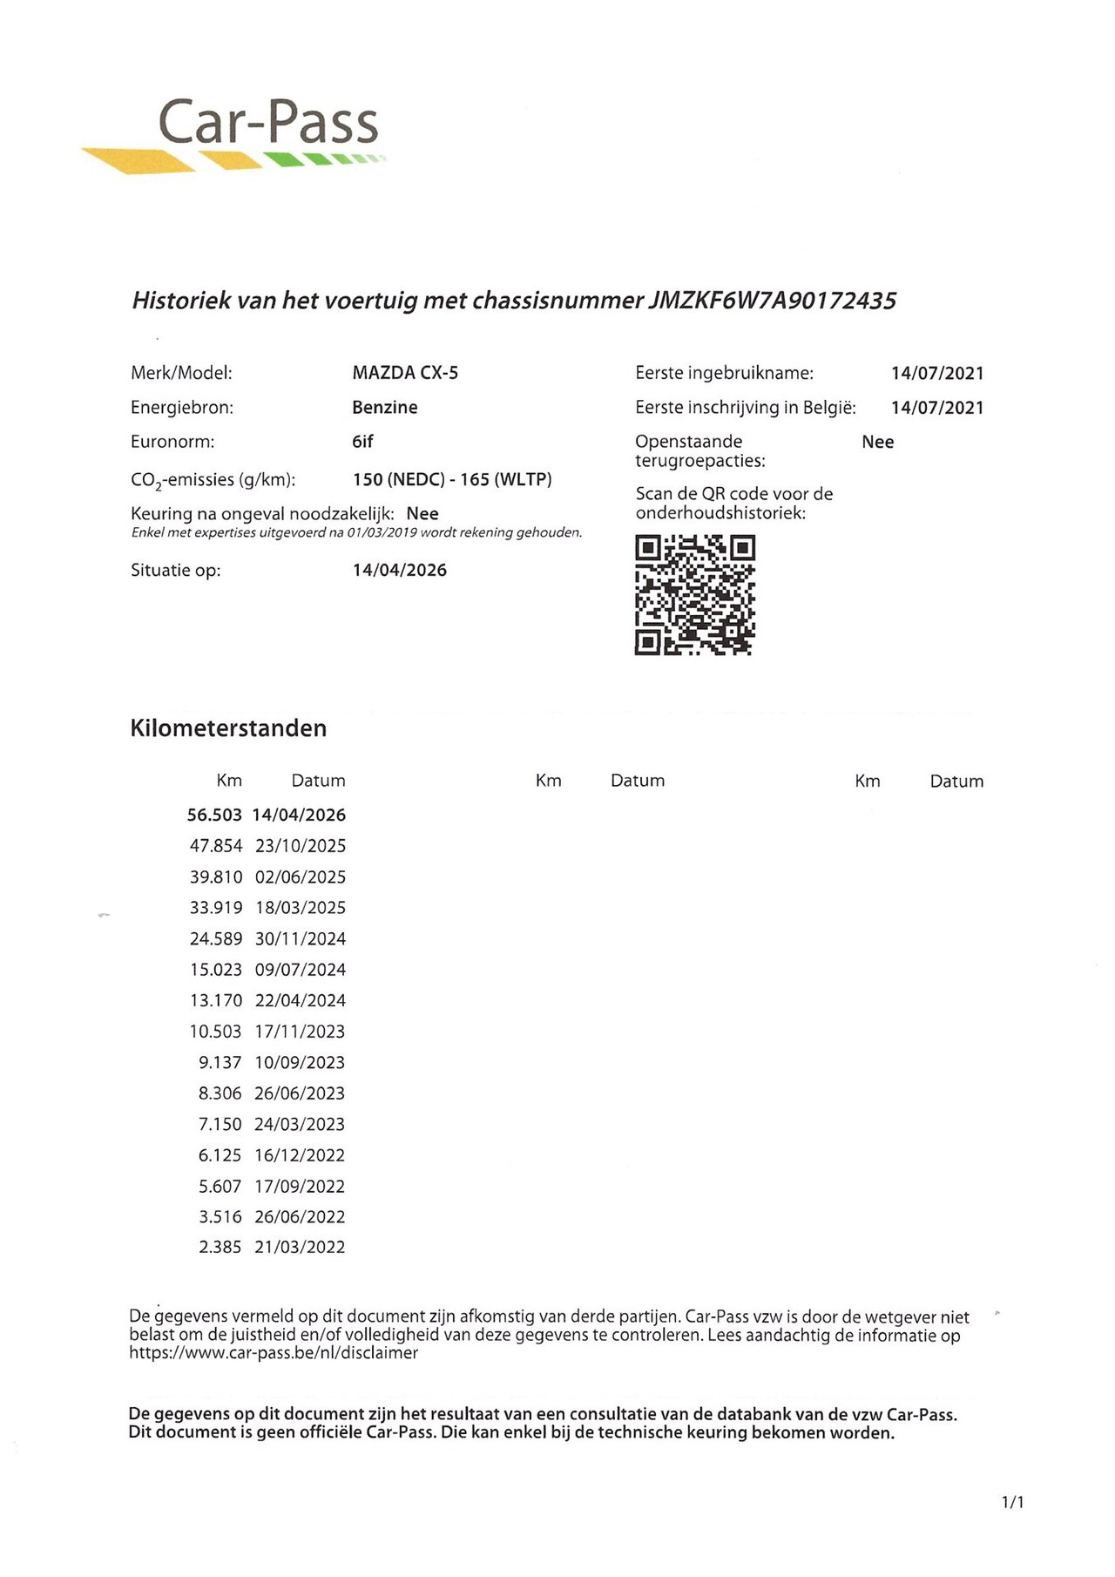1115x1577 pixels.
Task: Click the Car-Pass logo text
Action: coord(268,122)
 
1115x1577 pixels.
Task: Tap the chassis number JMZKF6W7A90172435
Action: coord(773,301)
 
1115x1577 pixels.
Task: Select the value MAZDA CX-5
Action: coord(405,373)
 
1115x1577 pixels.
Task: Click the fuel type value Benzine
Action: coord(385,407)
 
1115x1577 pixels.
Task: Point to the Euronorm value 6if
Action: coord(362,442)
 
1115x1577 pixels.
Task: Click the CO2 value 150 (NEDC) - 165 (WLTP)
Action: coord(452,479)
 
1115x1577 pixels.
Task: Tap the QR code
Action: coord(694,595)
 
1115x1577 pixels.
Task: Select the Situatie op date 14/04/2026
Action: coord(400,570)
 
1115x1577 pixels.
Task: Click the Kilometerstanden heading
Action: coord(228,728)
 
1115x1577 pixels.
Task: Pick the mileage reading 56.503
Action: coord(214,815)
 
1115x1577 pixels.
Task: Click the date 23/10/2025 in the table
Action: coord(301,846)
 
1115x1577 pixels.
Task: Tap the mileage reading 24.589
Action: coord(216,938)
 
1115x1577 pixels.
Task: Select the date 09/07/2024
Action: coord(301,970)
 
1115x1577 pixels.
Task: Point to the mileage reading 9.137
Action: coord(220,1062)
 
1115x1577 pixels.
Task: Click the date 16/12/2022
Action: coord(300,1155)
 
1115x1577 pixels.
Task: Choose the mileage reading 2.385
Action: coord(220,1247)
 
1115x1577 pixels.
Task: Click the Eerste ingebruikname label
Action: coord(724,373)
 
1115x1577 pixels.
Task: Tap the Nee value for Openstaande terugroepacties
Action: coord(877,442)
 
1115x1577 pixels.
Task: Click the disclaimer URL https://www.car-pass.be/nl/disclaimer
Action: coord(274,1353)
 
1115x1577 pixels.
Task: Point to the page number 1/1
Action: coord(1012,1501)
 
